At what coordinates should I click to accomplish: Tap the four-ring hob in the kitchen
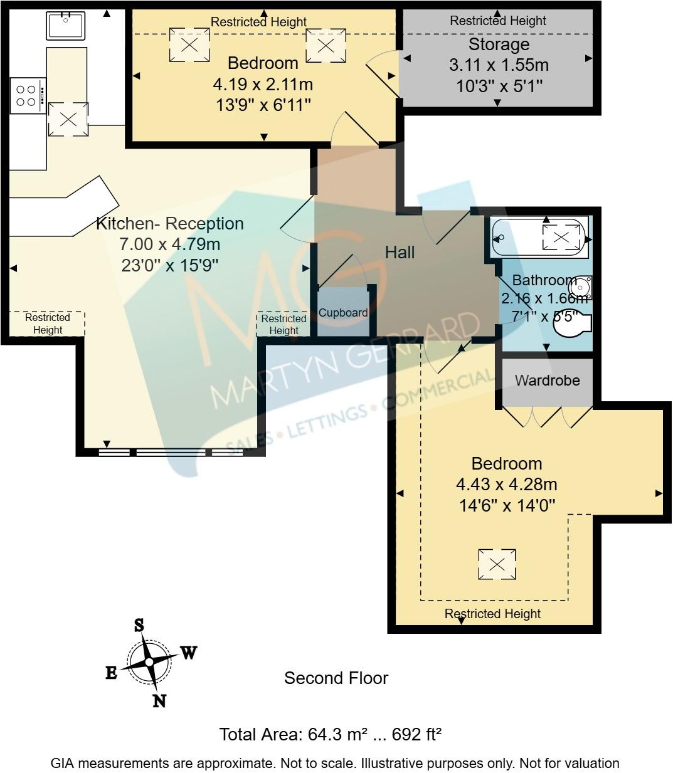tap(28, 95)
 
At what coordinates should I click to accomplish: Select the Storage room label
tap(499, 45)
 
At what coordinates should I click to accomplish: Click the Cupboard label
tap(343, 313)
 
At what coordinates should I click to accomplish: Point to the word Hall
tap(400, 253)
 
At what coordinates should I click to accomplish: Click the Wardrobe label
tap(547, 381)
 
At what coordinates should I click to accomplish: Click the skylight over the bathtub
tap(561, 237)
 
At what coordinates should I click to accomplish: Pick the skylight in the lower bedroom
tap(497, 565)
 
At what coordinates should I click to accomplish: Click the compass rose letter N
tap(159, 701)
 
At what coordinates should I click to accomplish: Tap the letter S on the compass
tap(139, 625)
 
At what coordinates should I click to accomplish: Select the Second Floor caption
tap(336, 678)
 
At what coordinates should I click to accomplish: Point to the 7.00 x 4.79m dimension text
tap(170, 245)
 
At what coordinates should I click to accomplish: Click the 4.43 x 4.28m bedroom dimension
tap(506, 485)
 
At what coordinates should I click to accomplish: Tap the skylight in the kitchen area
tap(68, 119)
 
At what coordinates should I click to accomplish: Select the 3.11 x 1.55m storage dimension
tap(499, 65)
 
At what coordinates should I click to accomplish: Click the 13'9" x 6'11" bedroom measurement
tap(263, 105)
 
